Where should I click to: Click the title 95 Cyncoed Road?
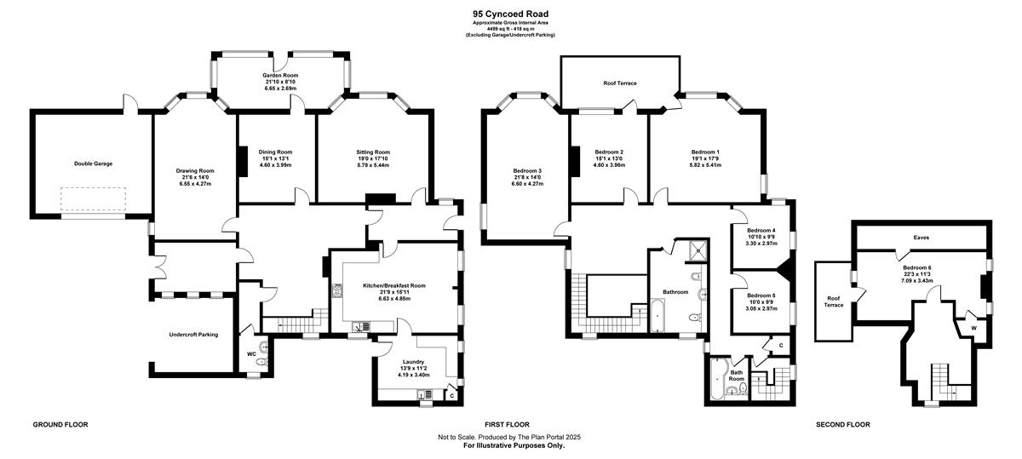click(510, 14)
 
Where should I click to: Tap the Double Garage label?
click(93, 164)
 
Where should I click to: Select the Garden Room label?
click(280, 75)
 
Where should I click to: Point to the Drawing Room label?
click(195, 170)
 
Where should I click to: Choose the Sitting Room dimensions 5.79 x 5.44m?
click(373, 165)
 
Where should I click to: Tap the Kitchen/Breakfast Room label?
click(394, 285)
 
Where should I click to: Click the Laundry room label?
click(413, 362)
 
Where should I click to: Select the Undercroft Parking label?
click(193, 335)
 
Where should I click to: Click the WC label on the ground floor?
click(251, 353)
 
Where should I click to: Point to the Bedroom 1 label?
click(705, 152)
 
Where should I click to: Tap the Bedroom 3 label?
click(527, 170)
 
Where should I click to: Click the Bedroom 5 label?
click(761, 295)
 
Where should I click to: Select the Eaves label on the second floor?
click(922, 238)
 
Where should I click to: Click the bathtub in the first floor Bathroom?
click(657, 315)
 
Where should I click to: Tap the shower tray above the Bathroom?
click(697, 250)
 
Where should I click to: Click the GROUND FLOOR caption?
click(60, 424)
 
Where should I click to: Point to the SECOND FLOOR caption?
click(842, 424)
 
